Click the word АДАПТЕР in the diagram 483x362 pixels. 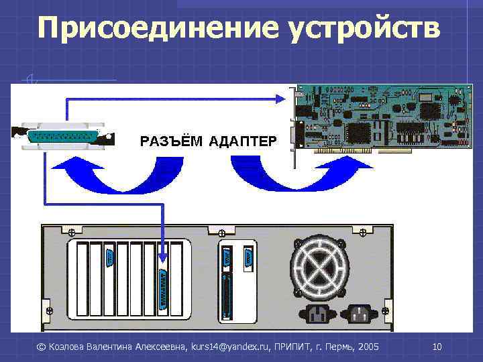242,141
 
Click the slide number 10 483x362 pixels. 437,347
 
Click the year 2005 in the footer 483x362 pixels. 368,347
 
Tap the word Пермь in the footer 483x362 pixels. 338,347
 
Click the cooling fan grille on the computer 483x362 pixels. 321,267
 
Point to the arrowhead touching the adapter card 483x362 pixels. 282,99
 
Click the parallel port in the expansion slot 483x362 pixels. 162,290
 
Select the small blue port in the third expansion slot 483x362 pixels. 109,259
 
